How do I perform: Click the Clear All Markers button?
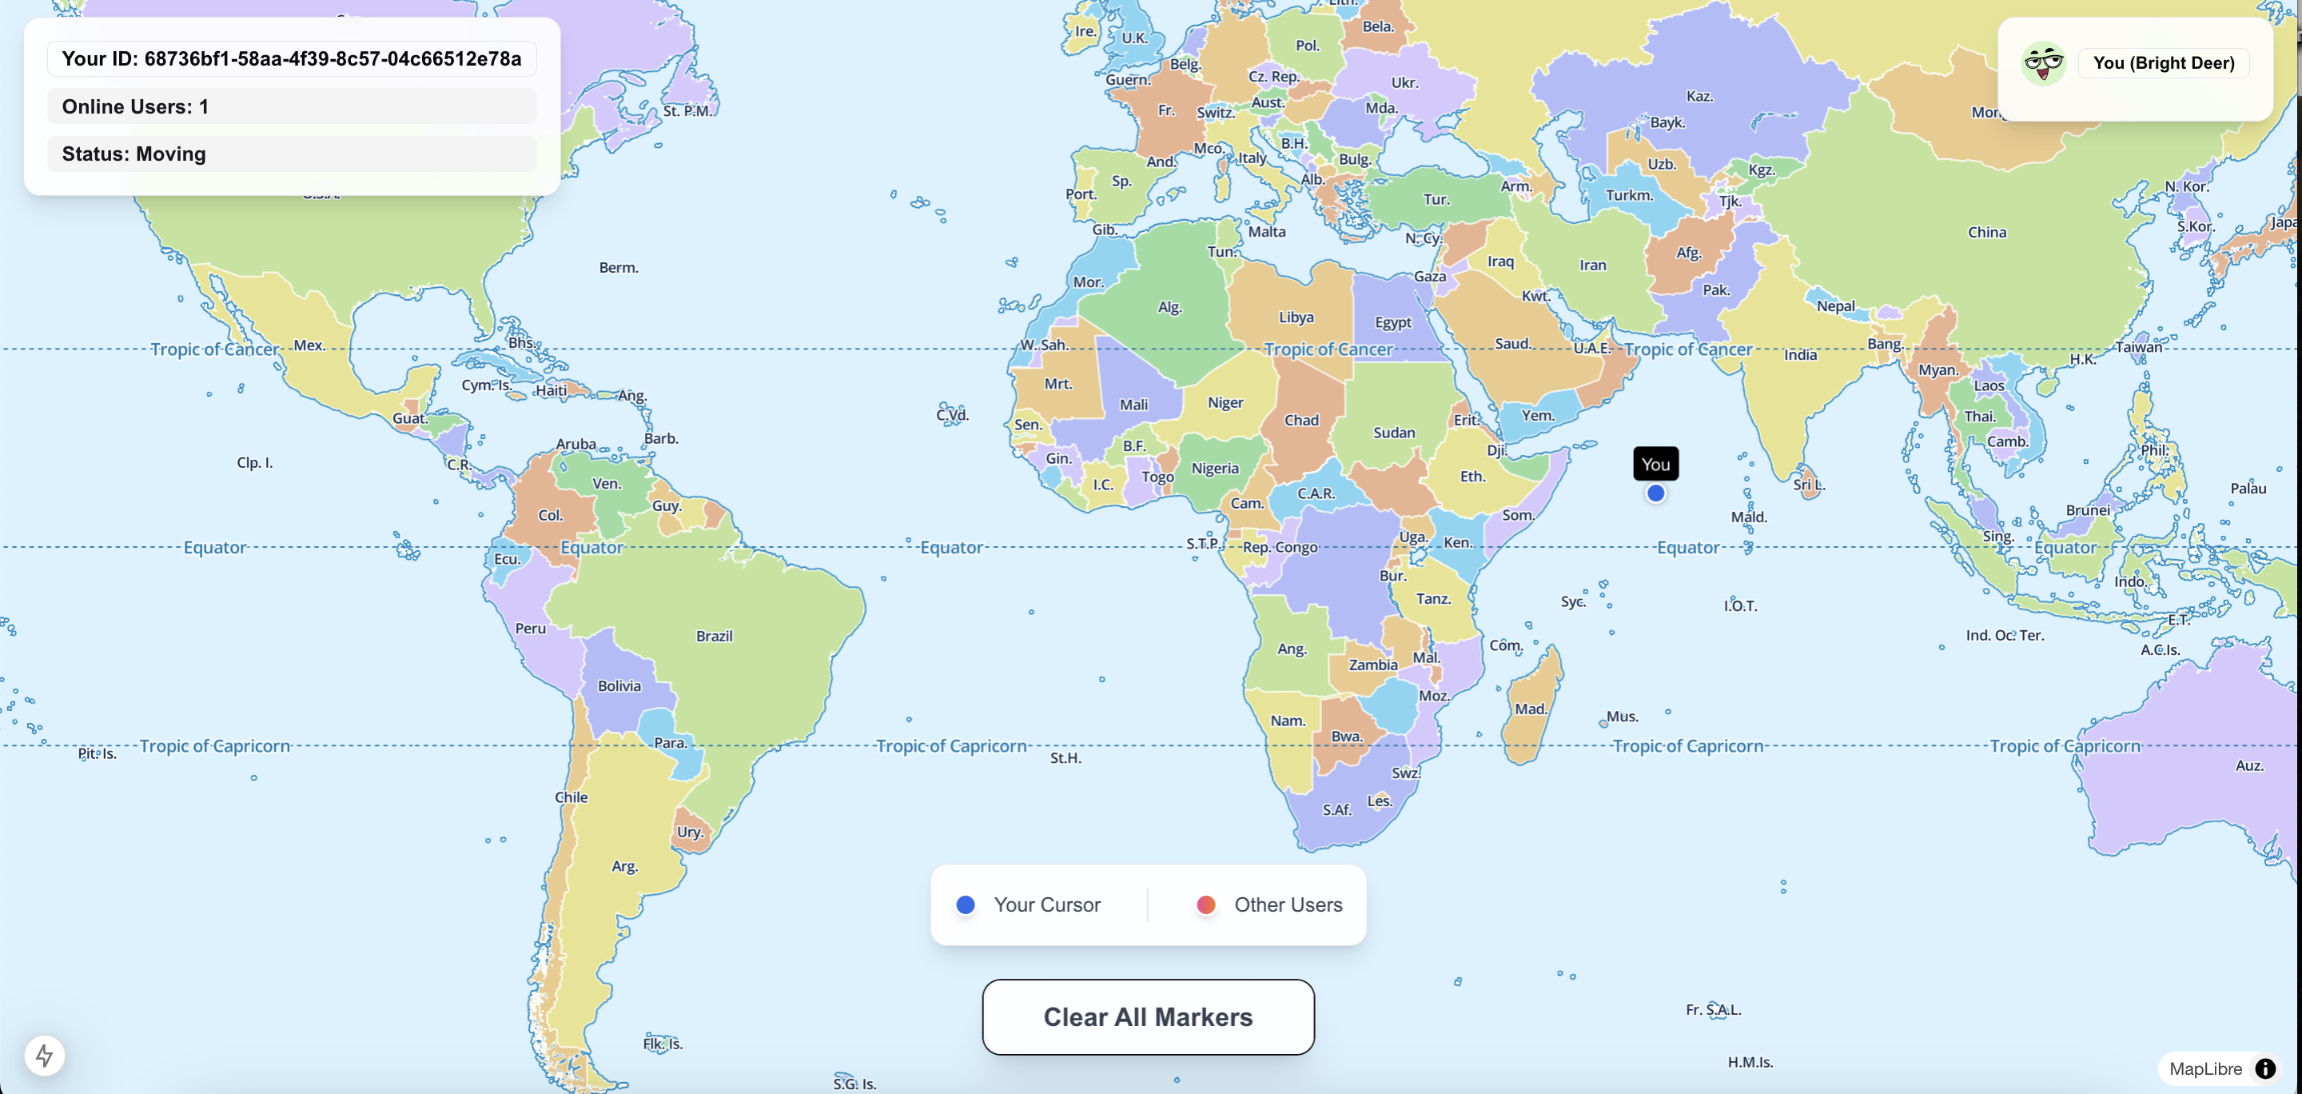[x=1148, y=1017]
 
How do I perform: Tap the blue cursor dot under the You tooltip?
[x=1655, y=493]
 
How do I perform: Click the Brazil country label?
[x=714, y=637]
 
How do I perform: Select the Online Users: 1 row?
[x=291, y=106]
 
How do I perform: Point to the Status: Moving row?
[x=291, y=154]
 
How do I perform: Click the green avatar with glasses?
[x=2043, y=63]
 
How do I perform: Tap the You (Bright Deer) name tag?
[x=2163, y=63]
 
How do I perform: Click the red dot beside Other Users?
[x=1205, y=904]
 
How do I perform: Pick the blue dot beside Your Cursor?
[x=965, y=904]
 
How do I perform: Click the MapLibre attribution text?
[x=2204, y=1069]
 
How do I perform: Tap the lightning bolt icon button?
[x=45, y=1056]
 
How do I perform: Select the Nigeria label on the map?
[x=1214, y=469]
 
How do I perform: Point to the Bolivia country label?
[x=619, y=686]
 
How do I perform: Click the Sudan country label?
[x=1393, y=433]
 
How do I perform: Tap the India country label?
[x=1800, y=355]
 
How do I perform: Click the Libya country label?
[x=1296, y=317]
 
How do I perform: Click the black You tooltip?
[x=1655, y=464]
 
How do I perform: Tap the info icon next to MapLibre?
[x=2264, y=1069]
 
